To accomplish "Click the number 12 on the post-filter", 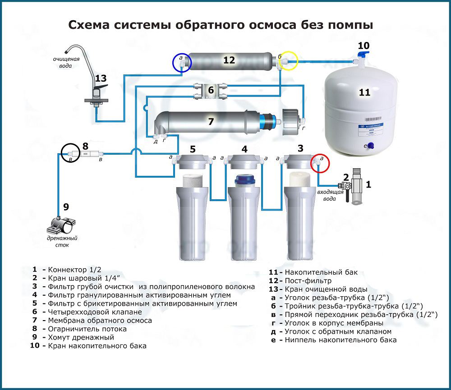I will click(229, 60).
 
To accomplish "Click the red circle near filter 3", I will click(320, 163).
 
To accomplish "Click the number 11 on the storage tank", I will click(364, 92).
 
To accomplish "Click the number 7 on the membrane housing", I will click(210, 122).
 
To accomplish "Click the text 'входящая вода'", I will click(327, 196).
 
